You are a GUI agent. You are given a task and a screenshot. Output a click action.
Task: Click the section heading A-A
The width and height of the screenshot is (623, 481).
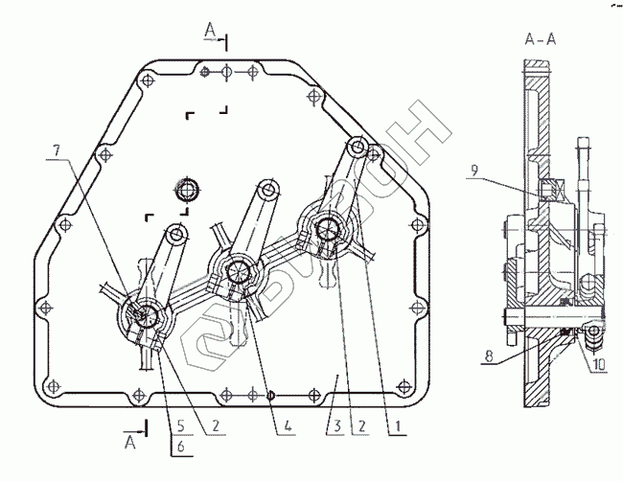(539, 40)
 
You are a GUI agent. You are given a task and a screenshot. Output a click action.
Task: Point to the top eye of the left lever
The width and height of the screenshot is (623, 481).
(177, 233)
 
